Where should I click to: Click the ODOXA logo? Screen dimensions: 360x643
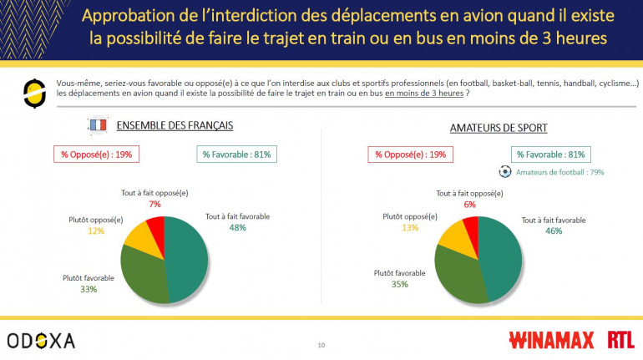pyautogui.click(x=41, y=340)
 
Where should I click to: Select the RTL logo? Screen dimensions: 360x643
pyautogui.click(x=620, y=340)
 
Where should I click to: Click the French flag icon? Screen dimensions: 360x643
pyautogui.click(x=98, y=126)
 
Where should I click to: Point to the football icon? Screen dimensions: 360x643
pyautogui.click(x=504, y=171)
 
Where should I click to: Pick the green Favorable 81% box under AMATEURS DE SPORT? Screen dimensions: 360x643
pyautogui.click(x=551, y=155)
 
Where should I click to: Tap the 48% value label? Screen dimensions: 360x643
pyautogui.click(x=238, y=227)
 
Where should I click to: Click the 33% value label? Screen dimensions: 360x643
pyautogui.click(x=89, y=289)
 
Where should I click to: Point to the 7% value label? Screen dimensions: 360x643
pyautogui.click(x=154, y=204)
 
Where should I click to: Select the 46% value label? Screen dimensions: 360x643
pyautogui.click(x=553, y=231)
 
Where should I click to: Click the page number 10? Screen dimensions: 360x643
pyautogui.click(x=321, y=345)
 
